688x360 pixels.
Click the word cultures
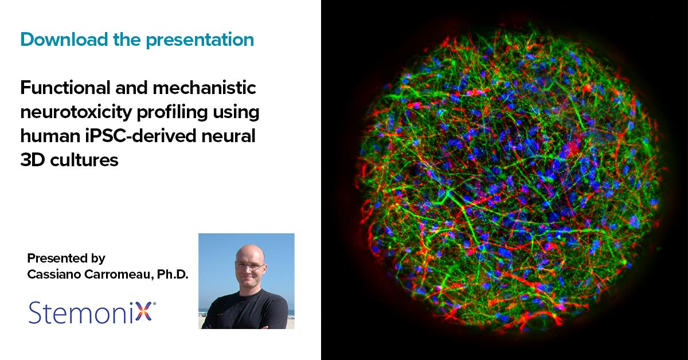tap(83, 161)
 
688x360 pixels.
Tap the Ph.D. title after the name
tap(173, 275)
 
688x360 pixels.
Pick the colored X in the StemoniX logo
tap(147, 313)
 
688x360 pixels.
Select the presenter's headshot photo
tap(246, 281)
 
